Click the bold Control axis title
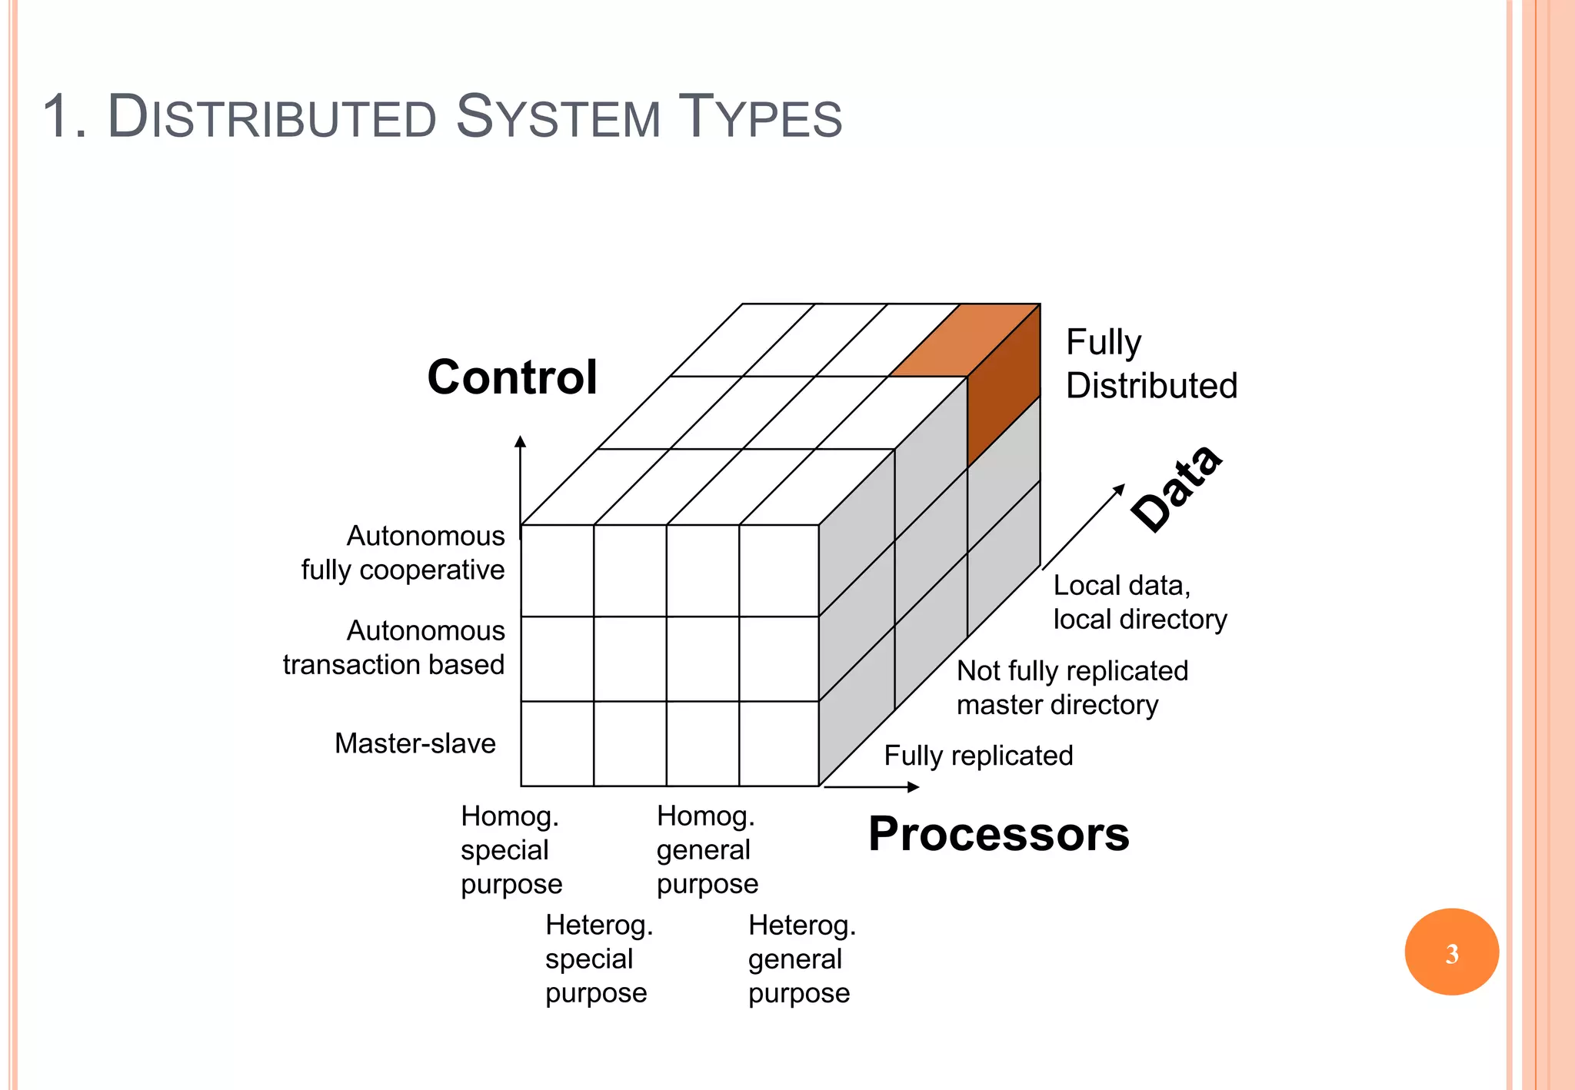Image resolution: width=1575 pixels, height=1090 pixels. pos(512,377)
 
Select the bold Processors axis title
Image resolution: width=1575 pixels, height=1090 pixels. pos(998,834)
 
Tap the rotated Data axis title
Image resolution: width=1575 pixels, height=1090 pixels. pos(1177,489)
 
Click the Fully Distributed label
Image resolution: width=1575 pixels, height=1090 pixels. pos(1150,364)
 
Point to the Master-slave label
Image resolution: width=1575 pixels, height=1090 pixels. pos(415,743)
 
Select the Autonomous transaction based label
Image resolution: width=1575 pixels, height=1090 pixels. pos(395,647)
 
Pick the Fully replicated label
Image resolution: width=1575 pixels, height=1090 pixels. pos(978,756)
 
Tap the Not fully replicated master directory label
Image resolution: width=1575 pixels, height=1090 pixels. pos(1071,687)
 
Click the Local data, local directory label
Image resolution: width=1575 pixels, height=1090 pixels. pos(1139,602)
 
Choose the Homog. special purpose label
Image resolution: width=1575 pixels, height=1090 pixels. pos(511,849)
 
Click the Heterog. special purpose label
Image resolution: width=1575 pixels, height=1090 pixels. pos(598,959)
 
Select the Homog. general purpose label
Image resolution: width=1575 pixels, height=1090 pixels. pos(707,849)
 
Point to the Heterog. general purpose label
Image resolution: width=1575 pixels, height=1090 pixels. pos(801,959)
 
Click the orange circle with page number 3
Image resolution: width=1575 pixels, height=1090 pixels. pos(1451,952)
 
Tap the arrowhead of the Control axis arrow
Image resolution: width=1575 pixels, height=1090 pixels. pos(520,440)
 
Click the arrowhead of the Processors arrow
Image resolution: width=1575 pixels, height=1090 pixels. pos(914,786)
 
